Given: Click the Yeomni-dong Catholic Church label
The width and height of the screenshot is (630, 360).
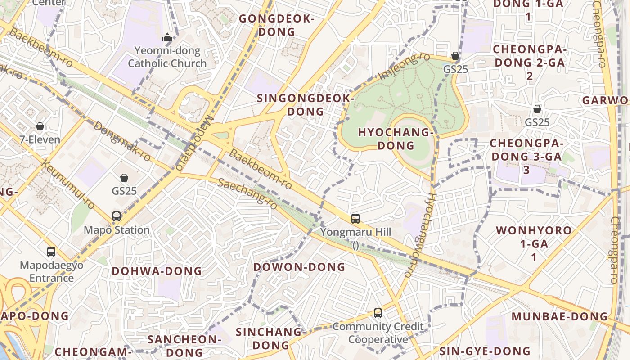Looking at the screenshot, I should [167, 57].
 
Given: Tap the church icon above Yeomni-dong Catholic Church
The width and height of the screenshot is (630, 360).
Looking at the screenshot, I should [167, 37].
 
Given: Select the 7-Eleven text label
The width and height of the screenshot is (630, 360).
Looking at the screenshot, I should [40, 139].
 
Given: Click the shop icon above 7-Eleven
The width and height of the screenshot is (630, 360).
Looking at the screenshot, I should [40, 126].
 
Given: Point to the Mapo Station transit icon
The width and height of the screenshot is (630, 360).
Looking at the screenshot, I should [117, 216].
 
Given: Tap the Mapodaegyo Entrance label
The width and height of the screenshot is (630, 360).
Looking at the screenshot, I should [51, 271].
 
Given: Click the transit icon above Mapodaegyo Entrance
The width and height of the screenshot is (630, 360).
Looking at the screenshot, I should [51, 252].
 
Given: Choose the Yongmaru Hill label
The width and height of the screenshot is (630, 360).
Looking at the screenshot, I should [355, 233].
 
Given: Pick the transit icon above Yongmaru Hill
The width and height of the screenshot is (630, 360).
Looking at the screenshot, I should [355, 219].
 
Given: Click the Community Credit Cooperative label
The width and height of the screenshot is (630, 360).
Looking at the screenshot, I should [378, 333].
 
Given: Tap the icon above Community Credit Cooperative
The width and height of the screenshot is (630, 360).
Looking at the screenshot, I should [378, 313].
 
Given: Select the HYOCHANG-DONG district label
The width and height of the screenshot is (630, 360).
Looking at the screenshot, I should [396, 139].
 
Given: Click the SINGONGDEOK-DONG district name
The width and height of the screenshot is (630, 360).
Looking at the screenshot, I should [306, 104].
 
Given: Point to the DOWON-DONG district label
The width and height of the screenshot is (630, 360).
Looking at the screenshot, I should [299, 267].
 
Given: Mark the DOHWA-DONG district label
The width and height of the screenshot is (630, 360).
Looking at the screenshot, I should [157, 271].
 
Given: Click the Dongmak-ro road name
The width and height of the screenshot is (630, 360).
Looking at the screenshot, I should [122, 141].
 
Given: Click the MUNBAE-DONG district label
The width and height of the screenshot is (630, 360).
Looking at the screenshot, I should [560, 316].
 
